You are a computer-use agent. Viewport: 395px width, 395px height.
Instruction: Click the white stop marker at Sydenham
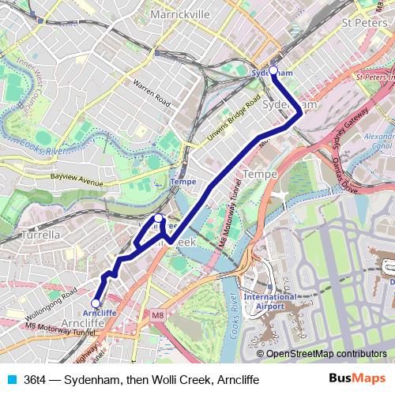pos(273,70)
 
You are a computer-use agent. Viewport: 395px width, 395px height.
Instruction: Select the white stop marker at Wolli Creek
pos(158,218)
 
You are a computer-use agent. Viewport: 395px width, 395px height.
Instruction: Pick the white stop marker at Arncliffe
pos(96,303)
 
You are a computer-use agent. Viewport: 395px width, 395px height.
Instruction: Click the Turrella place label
pos(39,235)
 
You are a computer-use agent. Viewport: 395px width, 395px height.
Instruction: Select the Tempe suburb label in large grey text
pos(259,173)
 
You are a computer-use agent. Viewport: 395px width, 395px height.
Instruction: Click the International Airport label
pos(269,301)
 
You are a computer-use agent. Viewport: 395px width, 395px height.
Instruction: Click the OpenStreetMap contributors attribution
pos(325,354)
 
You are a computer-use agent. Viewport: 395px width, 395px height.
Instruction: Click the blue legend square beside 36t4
pos(11,379)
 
